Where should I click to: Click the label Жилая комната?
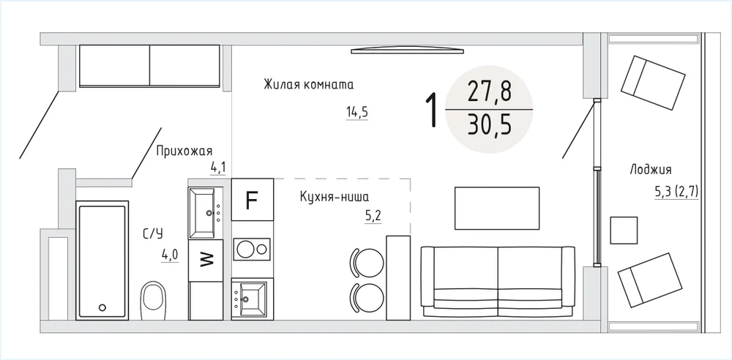(x=309, y=85)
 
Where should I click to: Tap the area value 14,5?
(x=356, y=112)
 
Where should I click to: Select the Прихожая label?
(x=184, y=151)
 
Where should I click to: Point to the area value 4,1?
(x=217, y=167)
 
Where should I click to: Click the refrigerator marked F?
(x=253, y=200)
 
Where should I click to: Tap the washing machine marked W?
(x=206, y=260)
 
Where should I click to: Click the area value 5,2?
(x=373, y=215)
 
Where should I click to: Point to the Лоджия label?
(x=650, y=169)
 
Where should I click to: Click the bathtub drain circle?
(x=102, y=307)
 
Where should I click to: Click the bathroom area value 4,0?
(x=170, y=255)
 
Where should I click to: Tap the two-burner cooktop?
(x=252, y=249)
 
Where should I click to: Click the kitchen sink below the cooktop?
(x=250, y=299)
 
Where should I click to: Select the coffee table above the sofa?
(x=497, y=208)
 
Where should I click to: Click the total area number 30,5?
(x=489, y=125)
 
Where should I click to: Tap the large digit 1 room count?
(x=433, y=110)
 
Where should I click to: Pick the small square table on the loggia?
(x=624, y=230)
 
